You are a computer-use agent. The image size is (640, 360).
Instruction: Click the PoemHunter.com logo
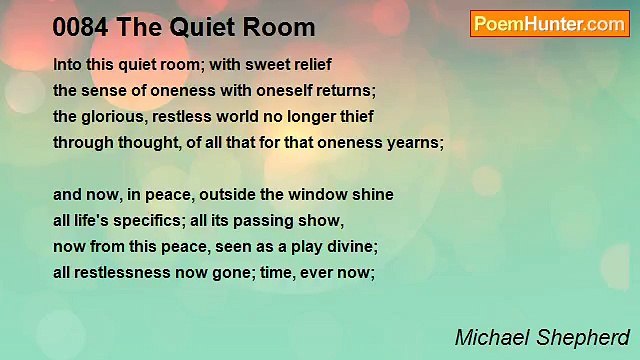[x=549, y=24]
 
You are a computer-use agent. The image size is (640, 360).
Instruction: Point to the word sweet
[x=261, y=63]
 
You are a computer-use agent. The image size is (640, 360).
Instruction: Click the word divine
[x=344, y=246]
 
